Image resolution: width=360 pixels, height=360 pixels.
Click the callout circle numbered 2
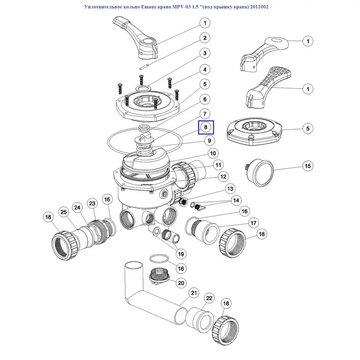204,38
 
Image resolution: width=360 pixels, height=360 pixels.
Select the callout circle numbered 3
204,54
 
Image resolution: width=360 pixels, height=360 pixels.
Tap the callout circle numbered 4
204,70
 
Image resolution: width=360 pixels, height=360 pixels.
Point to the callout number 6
204,99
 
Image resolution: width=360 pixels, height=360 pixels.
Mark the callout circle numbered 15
307,166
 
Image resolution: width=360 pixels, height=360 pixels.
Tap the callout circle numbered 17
253,222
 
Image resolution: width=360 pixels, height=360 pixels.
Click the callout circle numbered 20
181,283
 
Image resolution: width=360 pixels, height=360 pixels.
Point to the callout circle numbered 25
64,212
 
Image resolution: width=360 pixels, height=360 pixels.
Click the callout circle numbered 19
180,254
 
